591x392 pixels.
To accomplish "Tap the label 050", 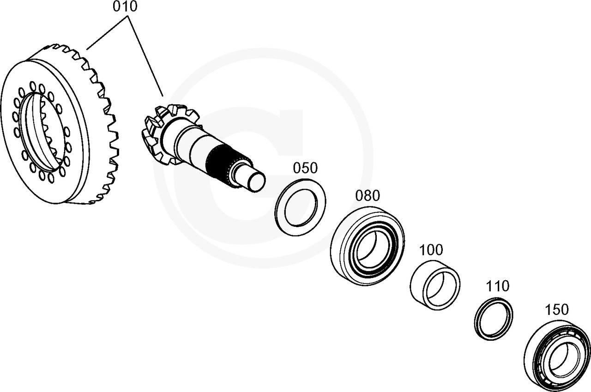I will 306,168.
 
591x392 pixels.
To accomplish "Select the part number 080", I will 368,196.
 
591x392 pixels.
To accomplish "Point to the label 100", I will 431,250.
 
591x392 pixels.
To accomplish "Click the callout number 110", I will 497,286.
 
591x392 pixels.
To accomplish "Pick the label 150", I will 556,309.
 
